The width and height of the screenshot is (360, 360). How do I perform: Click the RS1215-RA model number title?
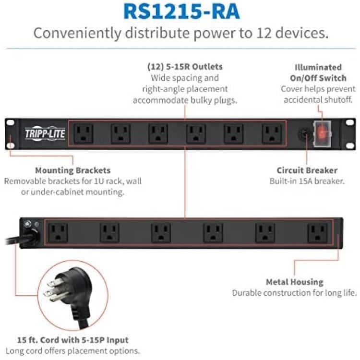pyautogui.click(x=181, y=12)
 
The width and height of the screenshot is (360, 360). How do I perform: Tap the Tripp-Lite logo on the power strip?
pyautogui.click(x=45, y=133)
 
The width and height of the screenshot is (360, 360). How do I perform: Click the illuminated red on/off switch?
pyautogui.click(x=323, y=133)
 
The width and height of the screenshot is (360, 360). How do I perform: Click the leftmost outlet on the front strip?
pyautogui.click(x=84, y=133)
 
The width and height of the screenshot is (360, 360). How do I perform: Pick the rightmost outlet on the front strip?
pyautogui.click(x=272, y=133)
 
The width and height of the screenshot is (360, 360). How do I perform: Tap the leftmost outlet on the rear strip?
pyautogui.click(x=58, y=233)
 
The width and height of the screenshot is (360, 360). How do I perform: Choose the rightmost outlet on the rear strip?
pyautogui.click(x=318, y=233)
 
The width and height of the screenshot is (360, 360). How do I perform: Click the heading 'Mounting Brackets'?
pyautogui.click(x=73, y=170)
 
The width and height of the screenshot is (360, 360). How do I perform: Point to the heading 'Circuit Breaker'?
pyautogui.click(x=307, y=170)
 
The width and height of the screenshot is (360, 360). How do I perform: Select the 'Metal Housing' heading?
pyautogui.click(x=295, y=282)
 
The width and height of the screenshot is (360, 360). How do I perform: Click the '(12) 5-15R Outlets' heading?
pyautogui.click(x=185, y=67)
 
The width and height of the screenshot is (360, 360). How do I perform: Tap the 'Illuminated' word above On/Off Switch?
pyautogui.click(x=318, y=67)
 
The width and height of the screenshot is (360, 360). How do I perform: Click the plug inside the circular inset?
pyautogui.click(x=69, y=294)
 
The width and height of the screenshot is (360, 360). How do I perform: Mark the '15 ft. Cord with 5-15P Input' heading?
pyautogui.click(x=73, y=340)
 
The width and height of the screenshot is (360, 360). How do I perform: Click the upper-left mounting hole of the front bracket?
pyautogui.click(x=10, y=122)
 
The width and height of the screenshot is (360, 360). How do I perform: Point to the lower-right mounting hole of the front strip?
pyautogui.click(x=350, y=145)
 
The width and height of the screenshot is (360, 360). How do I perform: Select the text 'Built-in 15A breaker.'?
pyautogui.click(x=307, y=181)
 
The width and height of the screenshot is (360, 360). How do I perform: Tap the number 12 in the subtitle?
pyautogui.click(x=264, y=33)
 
